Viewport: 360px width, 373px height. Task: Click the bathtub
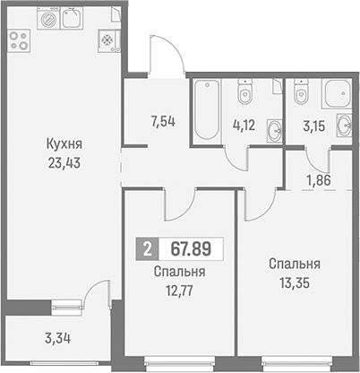[x=205, y=110]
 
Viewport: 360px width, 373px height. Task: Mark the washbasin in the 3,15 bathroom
[x=345, y=126]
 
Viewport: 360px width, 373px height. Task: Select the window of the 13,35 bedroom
[x=296, y=362]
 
